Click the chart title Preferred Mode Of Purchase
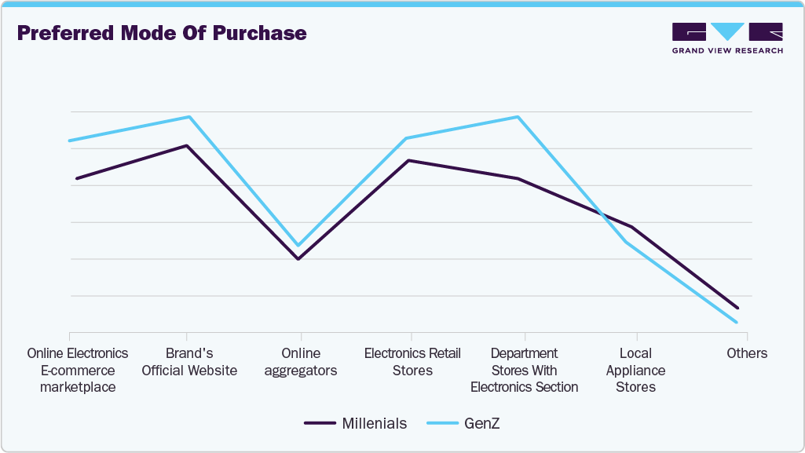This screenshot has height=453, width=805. pyautogui.click(x=161, y=34)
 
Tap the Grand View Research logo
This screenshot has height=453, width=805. pyautogui.click(x=727, y=38)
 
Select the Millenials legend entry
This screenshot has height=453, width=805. pyautogui.click(x=355, y=424)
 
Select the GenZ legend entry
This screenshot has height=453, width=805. pyautogui.click(x=463, y=424)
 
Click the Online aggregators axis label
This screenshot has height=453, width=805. pyautogui.click(x=301, y=362)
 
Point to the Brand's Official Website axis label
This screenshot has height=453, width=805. pyautogui.click(x=189, y=362)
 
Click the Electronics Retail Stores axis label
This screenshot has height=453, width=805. pyautogui.click(x=412, y=362)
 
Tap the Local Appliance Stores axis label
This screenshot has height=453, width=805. pyautogui.click(x=635, y=370)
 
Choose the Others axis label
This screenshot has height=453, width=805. pyautogui.click(x=747, y=353)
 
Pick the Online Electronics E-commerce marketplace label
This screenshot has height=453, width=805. pyautogui.click(x=77, y=370)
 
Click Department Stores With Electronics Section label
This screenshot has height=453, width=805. pyautogui.click(x=524, y=370)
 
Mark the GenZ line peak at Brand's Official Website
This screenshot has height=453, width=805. pyautogui.click(x=188, y=117)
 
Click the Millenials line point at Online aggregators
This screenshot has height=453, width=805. pyautogui.click(x=298, y=259)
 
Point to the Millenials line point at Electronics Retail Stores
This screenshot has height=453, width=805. pyautogui.click(x=409, y=160)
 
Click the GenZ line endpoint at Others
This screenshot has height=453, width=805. pyautogui.click(x=737, y=322)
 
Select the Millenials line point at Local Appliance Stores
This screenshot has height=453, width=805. pyautogui.click(x=632, y=227)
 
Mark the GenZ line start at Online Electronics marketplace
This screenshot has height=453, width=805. pyautogui.click(x=70, y=141)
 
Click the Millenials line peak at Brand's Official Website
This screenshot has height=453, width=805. pyautogui.click(x=187, y=145)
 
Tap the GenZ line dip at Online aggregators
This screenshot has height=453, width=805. pyautogui.click(x=298, y=246)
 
